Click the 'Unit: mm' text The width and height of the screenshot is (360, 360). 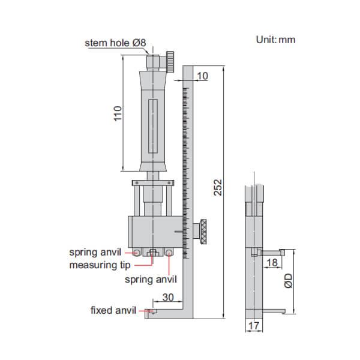pos(275,40)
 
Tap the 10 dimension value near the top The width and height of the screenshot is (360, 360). pos(202,76)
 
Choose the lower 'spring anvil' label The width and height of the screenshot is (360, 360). pos(151,279)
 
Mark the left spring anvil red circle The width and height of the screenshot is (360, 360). pos(137,253)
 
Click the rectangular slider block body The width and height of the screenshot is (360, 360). pos(153,230)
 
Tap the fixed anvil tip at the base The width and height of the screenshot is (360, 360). pos(149,311)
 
